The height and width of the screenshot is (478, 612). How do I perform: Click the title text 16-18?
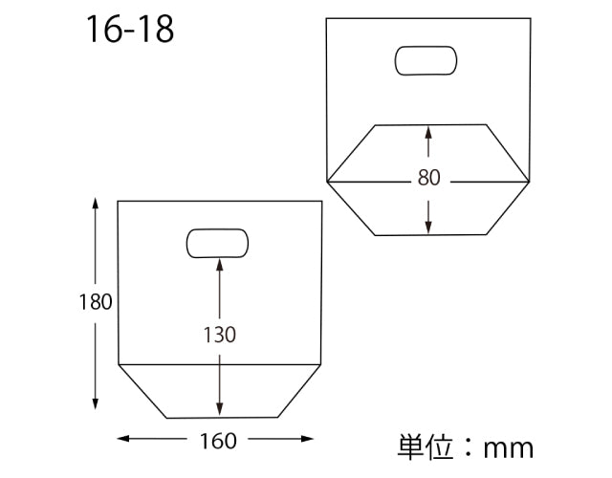point(130,29)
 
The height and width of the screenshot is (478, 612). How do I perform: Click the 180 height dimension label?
point(96,302)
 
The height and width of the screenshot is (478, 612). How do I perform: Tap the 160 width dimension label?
point(219,441)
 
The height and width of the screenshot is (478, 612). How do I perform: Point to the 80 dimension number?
point(428,178)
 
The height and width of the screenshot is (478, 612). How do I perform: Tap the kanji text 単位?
point(425,445)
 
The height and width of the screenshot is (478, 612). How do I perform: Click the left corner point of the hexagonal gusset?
point(326,180)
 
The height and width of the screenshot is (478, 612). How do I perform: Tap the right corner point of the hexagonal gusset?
point(530,180)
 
